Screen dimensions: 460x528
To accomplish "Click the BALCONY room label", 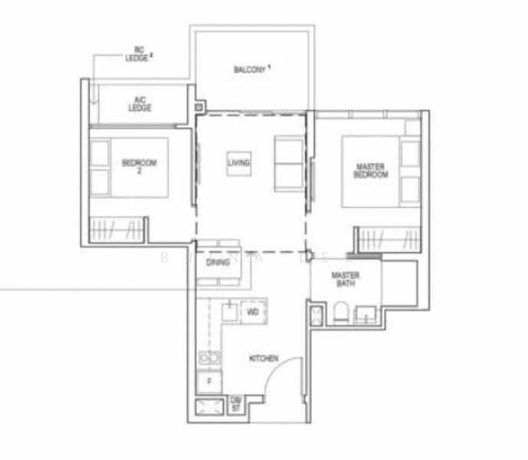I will pyautogui.click(x=252, y=70).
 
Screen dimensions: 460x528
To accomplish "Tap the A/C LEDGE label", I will pyautogui.click(x=140, y=103).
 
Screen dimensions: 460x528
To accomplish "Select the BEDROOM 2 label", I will pyautogui.click(x=139, y=166).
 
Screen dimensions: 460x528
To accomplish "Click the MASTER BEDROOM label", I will pyautogui.click(x=371, y=170).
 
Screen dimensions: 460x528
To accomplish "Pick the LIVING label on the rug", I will pyautogui.click(x=239, y=163).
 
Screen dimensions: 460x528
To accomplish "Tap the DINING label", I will pyautogui.click(x=218, y=262).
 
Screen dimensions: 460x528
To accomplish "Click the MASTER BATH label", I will pyautogui.click(x=345, y=280).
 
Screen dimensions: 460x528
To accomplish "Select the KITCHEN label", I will pyautogui.click(x=263, y=359).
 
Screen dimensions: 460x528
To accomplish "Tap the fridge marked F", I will pyautogui.click(x=209, y=381).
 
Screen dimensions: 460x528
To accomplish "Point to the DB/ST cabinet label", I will pyautogui.click(x=236, y=405).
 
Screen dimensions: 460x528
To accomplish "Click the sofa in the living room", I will pyautogui.click(x=289, y=163).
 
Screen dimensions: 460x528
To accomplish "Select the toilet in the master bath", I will pyautogui.click(x=342, y=313).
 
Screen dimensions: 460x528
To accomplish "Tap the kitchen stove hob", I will pyautogui.click(x=209, y=357).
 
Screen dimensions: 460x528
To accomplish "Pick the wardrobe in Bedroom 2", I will pyautogui.click(x=117, y=228).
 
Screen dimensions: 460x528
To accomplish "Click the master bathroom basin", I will pyautogui.click(x=366, y=314).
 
